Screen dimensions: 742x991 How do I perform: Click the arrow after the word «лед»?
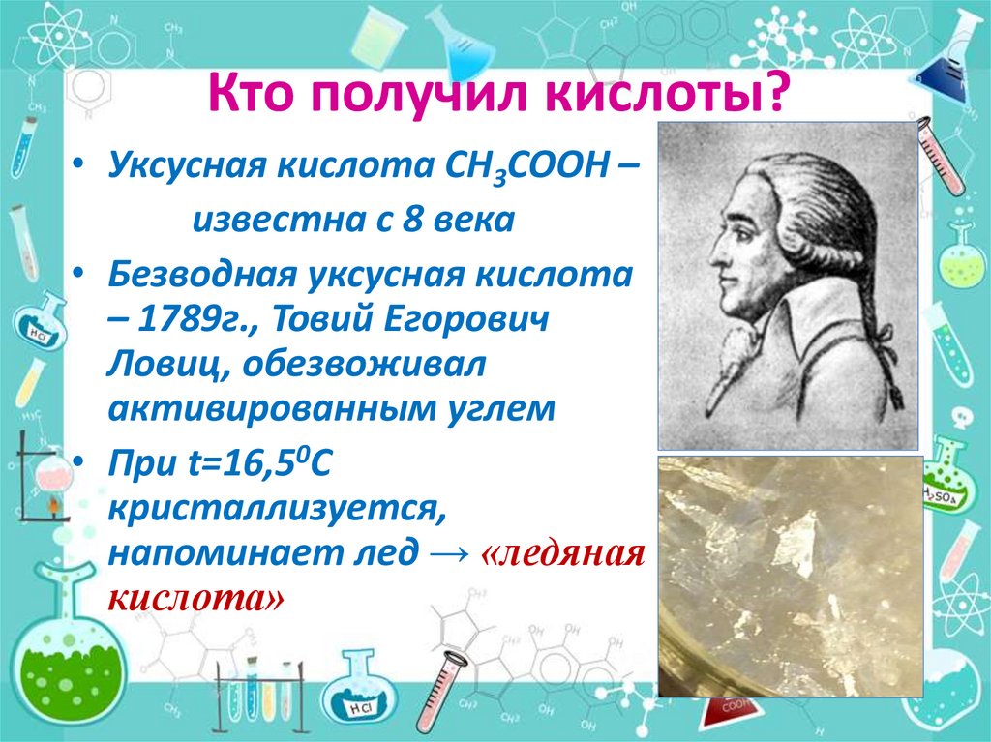(x=450, y=555)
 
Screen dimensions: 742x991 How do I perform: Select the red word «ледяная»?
(x=561, y=555)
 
